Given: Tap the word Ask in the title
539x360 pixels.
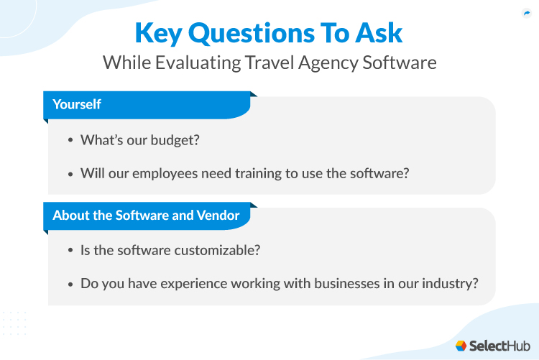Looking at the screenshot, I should pos(378,33).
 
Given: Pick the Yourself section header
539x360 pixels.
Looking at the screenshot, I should pos(77,104).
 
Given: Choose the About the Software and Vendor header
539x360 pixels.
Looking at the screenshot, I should pos(146,215).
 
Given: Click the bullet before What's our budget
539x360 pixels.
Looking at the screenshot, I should pos(70,140).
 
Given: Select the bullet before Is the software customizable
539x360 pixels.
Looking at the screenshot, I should pos(70,251).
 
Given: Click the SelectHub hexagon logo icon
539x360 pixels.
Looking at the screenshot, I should pos(461,345).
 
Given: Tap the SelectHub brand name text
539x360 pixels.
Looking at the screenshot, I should pos(499,345).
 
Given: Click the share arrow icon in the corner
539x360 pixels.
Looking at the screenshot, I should pos(526,13).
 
